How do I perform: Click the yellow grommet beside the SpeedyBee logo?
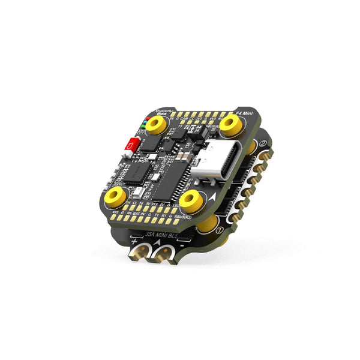[x=158, y=124]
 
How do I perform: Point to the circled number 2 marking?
[x=262, y=145]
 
